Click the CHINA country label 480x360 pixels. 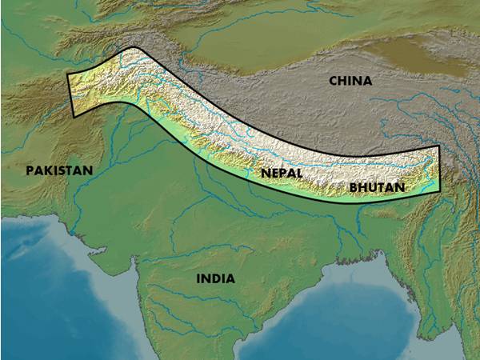point(350,81)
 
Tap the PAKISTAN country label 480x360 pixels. point(59,170)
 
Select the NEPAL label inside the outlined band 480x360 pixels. point(281,173)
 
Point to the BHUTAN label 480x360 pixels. point(378,187)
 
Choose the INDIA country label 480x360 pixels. point(215,278)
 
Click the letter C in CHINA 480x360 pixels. point(333,81)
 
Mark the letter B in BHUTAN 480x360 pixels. point(354,187)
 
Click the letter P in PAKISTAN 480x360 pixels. point(30,170)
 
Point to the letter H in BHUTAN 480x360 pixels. point(364,187)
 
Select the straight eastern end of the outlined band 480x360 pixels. point(440,169)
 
